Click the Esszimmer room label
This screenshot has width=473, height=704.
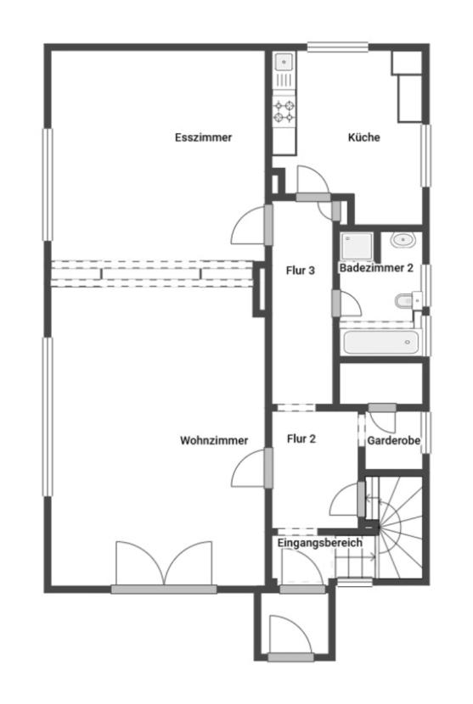pyautogui.click(x=203, y=137)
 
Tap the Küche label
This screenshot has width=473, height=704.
pyautogui.click(x=363, y=137)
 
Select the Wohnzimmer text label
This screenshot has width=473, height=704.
pyautogui.click(x=214, y=440)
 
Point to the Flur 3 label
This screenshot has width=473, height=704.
pyautogui.click(x=301, y=271)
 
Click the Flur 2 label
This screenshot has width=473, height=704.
pyautogui.click(x=301, y=439)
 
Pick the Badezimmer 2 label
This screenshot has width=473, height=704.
pyautogui.click(x=376, y=268)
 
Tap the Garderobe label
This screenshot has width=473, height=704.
pyautogui.click(x=393, y=440)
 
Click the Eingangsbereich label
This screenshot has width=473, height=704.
pyautogui.click(x=319, y=543)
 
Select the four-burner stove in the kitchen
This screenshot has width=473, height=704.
pyautogui.click(x=284, y=111)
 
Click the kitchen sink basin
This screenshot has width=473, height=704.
pyautogui.click(x=284, y=62)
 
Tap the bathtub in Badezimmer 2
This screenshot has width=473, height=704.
pyautogui.click(x=381, y=343)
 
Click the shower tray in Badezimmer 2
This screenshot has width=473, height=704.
pyautogui.click(x=357, y=247)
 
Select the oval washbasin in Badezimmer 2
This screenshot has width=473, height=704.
pyautogui.click(x=403, y=240)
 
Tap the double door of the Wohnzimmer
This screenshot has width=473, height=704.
pyautogui.click(x=164, y=563)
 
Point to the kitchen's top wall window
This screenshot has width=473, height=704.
pyautogui.click(x=338, y=47)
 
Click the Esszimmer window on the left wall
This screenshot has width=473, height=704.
pyautogui.click(x=48, y=185)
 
